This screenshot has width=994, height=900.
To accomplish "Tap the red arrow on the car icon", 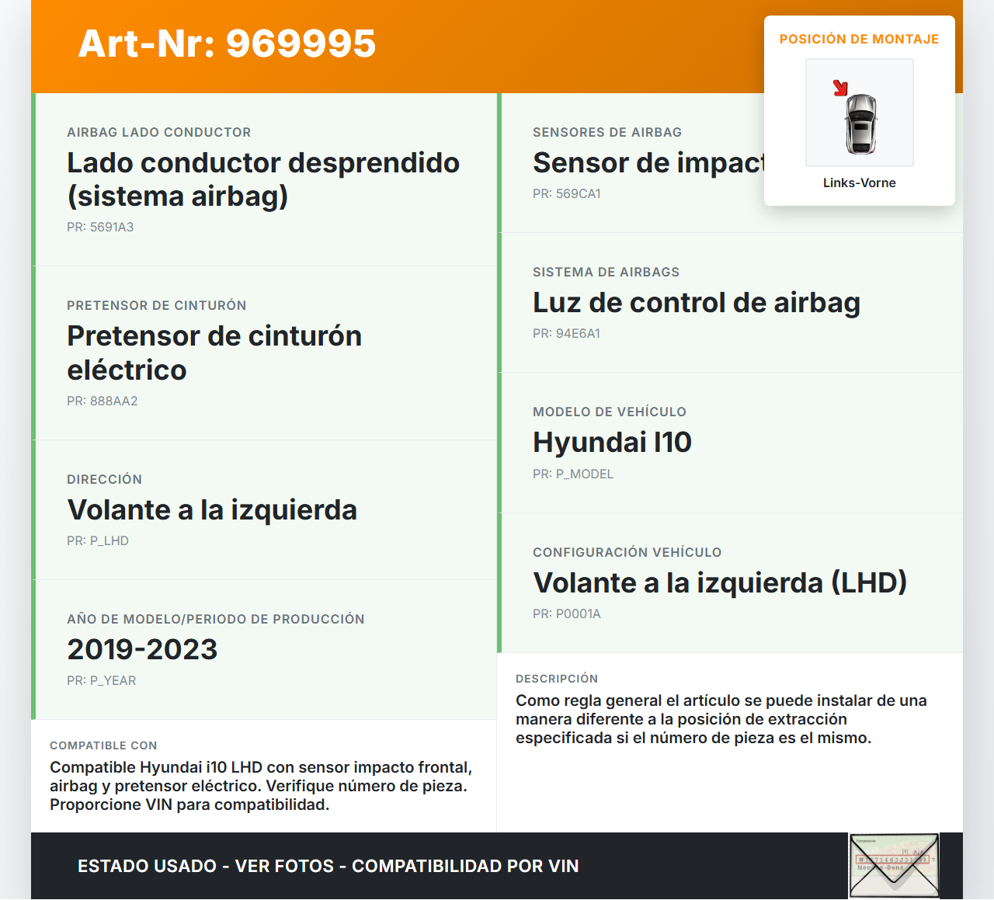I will (840, 88).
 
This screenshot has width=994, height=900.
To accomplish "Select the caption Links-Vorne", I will (859, 183).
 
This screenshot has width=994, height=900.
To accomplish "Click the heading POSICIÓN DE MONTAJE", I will (859, 40).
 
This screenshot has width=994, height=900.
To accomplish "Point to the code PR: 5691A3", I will (100, 228).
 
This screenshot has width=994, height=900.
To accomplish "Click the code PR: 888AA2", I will (102, 401).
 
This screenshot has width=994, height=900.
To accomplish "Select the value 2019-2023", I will (142, 650).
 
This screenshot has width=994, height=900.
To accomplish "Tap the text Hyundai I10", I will (612, 443).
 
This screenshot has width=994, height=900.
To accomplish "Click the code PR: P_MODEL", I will (572, 474).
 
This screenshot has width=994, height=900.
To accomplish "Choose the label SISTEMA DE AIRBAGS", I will (606, 273).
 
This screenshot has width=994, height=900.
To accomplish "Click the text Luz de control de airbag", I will (696, 303).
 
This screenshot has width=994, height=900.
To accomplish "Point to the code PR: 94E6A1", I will (566, 334).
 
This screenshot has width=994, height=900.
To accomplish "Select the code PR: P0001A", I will (566, 614).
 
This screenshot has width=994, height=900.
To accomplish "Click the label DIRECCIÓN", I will (104, 480).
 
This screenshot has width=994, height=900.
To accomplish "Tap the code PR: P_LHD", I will (98, 541).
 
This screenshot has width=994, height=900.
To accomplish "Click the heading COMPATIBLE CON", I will (103, 745).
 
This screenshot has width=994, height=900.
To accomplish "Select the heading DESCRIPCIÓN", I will (556, 679).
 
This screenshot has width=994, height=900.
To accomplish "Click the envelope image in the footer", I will (894, 866).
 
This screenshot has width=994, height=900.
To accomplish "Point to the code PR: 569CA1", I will (566, 194).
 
